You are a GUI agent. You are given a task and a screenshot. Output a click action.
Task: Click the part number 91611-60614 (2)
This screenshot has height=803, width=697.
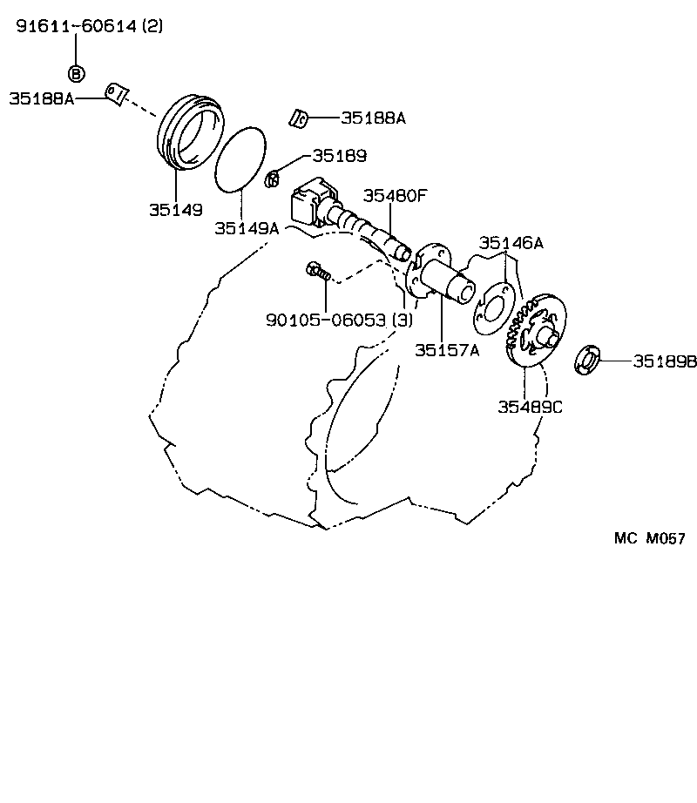pyautogui.click(x=90, y=27)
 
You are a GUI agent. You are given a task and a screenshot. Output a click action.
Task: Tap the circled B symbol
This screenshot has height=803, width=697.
pyautogui.click(x=76, y=73)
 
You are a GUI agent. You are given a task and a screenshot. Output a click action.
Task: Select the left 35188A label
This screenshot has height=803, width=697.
pyautogui.click(x=41, y=98)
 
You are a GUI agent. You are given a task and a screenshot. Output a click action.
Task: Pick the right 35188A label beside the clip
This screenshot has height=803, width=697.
pyautogui.click(x=373, y=117)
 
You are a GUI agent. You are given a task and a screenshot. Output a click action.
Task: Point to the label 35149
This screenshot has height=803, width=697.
pyautogui.click(x=174, y=209)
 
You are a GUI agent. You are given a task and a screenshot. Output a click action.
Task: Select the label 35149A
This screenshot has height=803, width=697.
pyautogui.click(x=247, y=228)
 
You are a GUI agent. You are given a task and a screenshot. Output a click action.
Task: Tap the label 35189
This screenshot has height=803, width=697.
pyautogui.click(x=339, y=155)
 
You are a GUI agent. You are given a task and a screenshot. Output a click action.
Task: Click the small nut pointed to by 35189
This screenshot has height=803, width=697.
pyautogui.click(x=271, y=179)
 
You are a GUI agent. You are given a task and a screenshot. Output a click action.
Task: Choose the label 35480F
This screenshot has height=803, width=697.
pyautogui.click(x=395, y=195)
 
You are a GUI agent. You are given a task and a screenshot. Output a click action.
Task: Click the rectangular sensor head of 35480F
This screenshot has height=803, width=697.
pyautogui.click(x=310, y=204)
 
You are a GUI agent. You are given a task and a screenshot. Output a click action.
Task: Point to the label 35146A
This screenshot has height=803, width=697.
pyautogui.click(x=510, y=243)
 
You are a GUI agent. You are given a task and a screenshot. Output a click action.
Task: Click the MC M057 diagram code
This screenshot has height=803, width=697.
pyautogui.click(x=650, y=538)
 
